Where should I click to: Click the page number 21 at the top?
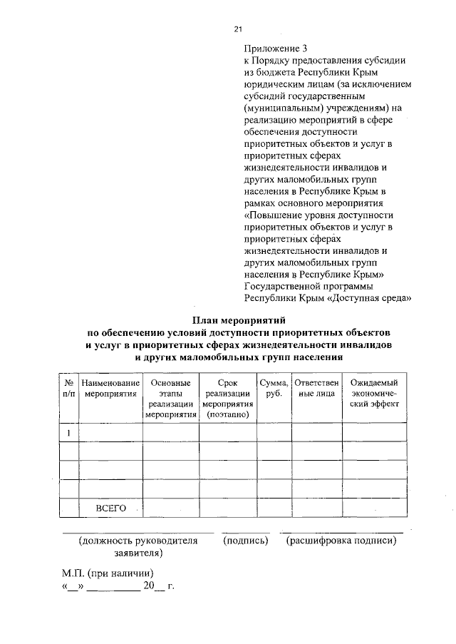point(238,29)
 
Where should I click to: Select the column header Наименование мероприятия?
point(110,389)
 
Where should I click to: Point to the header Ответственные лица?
point(316,389)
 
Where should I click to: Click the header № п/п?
point(68,389)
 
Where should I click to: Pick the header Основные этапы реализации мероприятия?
point(170,399)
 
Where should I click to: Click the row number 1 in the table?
point(68,432)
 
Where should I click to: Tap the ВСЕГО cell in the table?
point(110,508)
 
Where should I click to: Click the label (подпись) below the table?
point(245,541)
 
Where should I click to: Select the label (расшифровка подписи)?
point(341,541)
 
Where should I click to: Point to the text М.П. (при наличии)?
point(106,574)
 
